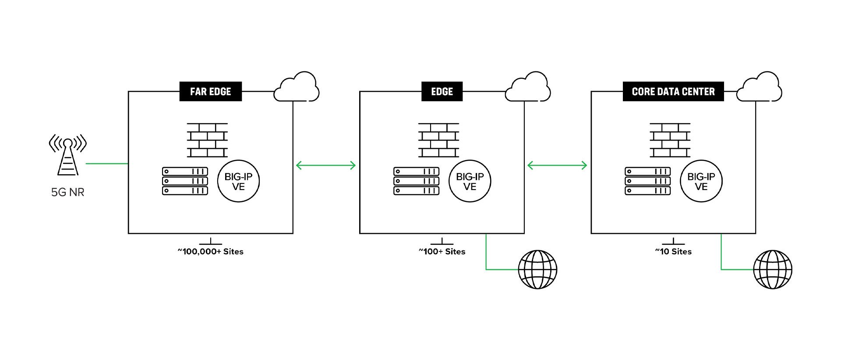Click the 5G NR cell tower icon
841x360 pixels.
(x=67, y=156)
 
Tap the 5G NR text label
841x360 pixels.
(x=67, y=192)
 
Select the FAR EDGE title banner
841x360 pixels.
(x=210, y=92)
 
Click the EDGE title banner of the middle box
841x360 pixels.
(x=442, y=92)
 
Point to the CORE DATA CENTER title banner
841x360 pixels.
(x=673, y=92)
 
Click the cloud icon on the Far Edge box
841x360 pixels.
(x=297, y=88)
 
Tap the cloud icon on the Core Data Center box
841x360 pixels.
(x=760, y=88)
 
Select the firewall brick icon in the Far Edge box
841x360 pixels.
(x=207, y=140)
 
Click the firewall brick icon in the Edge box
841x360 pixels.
(x=438, y=140)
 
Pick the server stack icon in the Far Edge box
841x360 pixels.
(x=185, y=181)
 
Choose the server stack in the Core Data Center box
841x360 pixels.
(x=647, y=181)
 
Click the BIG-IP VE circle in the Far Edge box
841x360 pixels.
(x=238, y=181)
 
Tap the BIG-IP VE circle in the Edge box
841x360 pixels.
(x=470, y=181)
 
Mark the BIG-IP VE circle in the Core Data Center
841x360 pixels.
(x=701, y=181)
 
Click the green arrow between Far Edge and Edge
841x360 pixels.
(x=326, y=165)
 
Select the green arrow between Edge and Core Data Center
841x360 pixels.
(x=557, y=165)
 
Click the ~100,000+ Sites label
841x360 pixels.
(x=211, y=251)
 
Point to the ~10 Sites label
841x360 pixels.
(x=673, y=251)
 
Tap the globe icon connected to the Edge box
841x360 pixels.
(x=537, y=269)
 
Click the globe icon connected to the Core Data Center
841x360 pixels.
(x=773, y=269)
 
